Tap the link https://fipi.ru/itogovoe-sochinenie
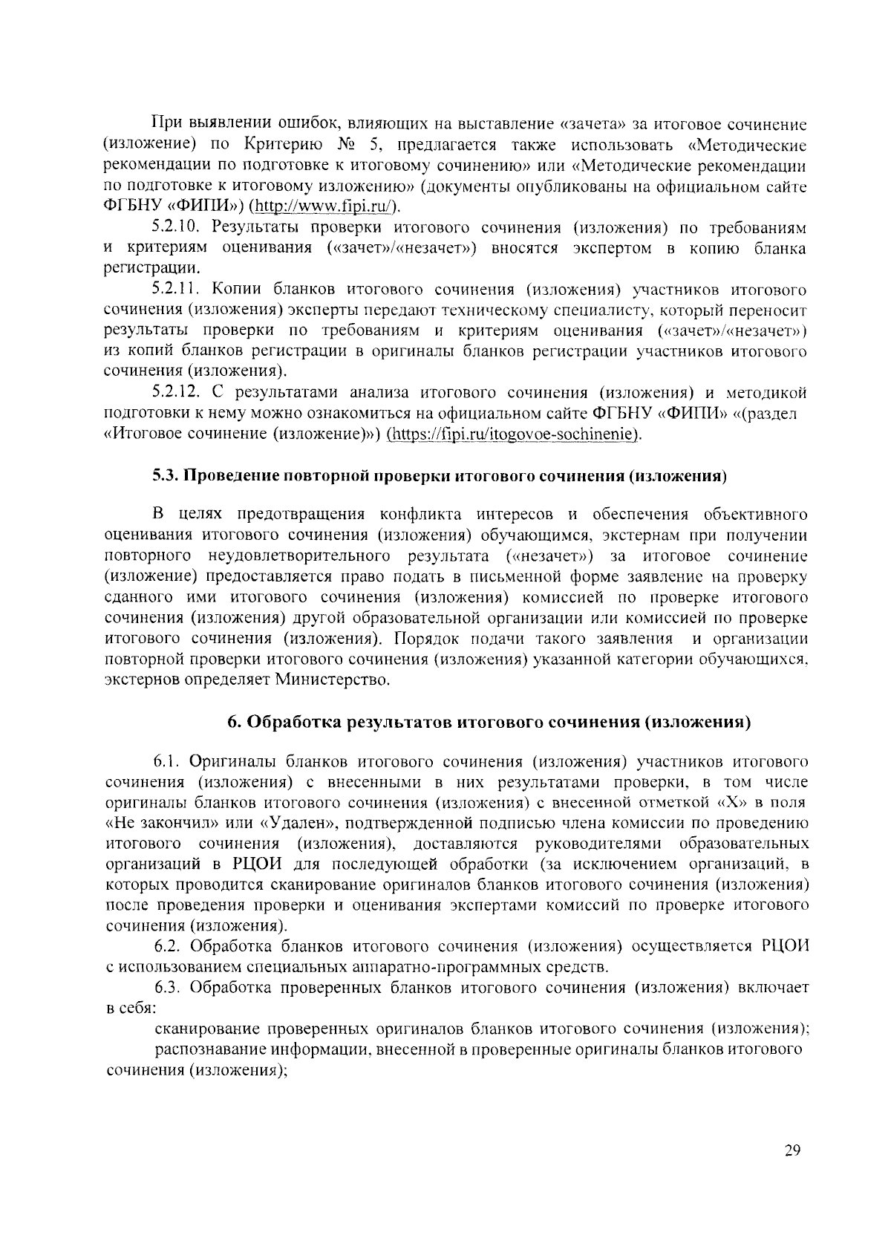512,434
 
